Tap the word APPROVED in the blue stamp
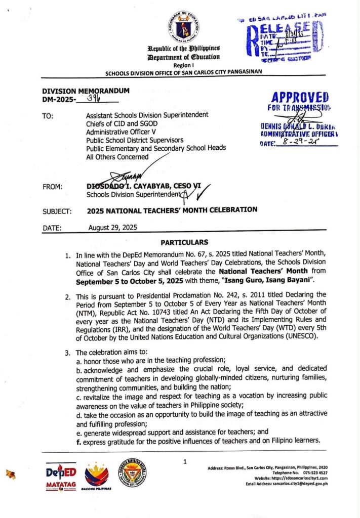coord(300,97)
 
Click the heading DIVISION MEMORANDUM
coord(86,91)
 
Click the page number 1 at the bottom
coord(185,461)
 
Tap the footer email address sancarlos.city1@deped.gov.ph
coord(299,484)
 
